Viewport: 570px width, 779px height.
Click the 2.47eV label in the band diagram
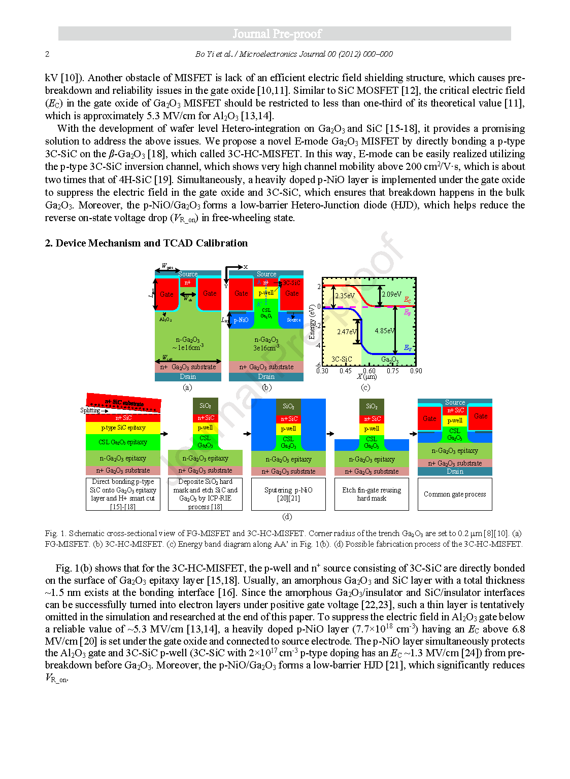(347, 332)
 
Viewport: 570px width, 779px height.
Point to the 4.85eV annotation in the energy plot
(385, 331)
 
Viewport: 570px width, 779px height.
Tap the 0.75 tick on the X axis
(393, 371)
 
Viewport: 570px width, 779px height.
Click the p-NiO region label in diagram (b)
(241, 320)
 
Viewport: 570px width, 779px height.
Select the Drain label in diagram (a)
(188, 377)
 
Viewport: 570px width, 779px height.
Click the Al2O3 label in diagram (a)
(165, 320)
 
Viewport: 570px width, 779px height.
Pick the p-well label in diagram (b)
(266, 293)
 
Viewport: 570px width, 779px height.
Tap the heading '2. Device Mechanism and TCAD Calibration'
(146, 243)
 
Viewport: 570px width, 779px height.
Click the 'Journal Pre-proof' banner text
(277, 34)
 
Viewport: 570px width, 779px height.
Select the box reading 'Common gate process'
(455, 494)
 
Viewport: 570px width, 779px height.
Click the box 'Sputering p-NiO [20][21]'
(288, 494)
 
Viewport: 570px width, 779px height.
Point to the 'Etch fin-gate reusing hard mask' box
(372, 494)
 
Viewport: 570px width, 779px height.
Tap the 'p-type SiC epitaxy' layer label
(123, 428)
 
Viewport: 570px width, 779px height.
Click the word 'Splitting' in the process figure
(90, 410)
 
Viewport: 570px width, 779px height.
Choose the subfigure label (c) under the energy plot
(365, 387)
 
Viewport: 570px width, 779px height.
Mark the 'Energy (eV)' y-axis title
(312, 322)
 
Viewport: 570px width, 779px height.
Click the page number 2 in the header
(47, 54)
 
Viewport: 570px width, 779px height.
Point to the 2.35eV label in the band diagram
(345, 295)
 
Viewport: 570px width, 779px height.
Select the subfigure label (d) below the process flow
(287, 517)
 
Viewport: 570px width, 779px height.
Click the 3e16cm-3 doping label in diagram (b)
(266, 348)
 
